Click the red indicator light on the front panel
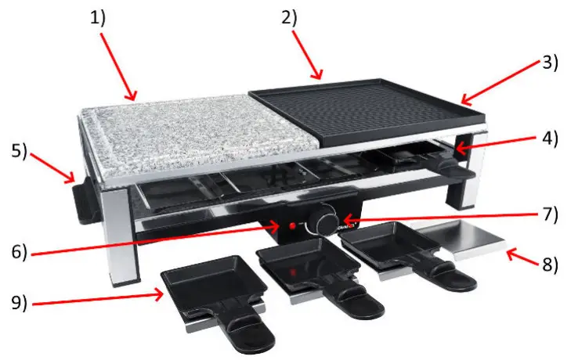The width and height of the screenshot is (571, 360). (291, 225)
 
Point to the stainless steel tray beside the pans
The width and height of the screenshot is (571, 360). (454, 236)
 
